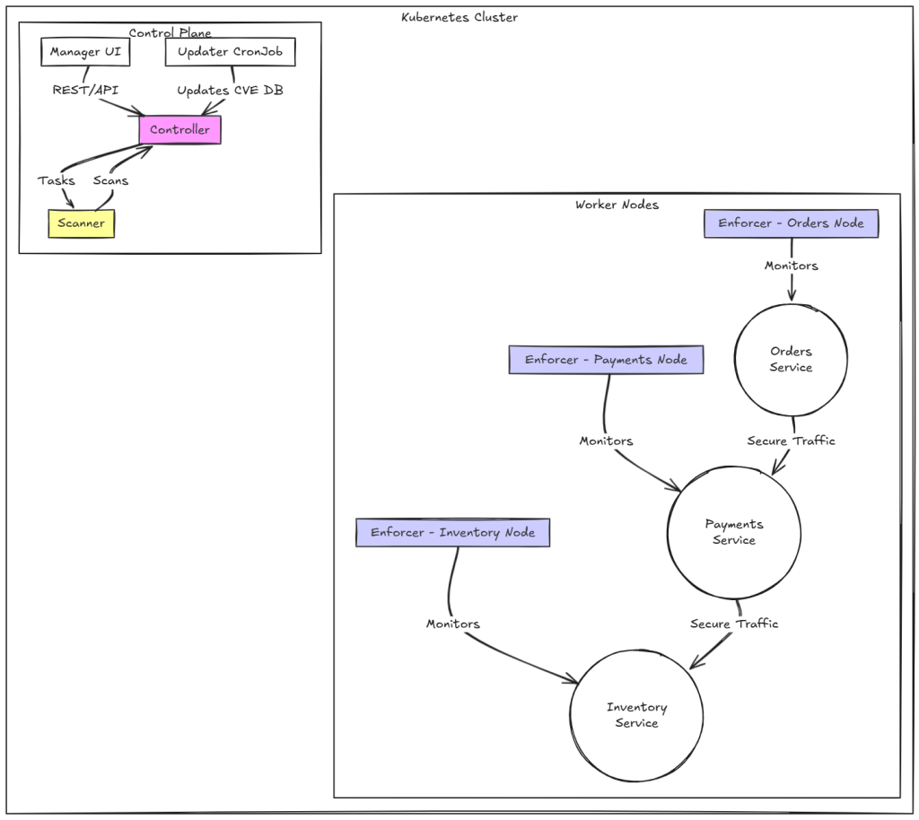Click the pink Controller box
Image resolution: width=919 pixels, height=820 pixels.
(179, 130)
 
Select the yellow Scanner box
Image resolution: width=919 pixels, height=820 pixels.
(81, 223)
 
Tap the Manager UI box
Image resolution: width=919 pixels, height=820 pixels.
(85, 52)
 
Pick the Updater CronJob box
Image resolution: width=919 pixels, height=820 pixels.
(230, 52)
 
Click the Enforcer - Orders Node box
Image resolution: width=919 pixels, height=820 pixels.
(791, 223)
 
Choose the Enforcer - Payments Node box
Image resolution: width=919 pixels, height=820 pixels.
(606, 360)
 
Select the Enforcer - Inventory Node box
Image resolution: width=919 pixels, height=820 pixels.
(452, 533)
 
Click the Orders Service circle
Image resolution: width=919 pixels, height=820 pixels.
(791, 359)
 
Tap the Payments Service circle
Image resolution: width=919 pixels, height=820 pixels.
(733, 532)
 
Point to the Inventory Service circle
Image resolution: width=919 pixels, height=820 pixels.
(636, 715)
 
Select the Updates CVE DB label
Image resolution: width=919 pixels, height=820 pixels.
(230, 91)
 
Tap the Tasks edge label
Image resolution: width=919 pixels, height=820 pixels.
(57, 180)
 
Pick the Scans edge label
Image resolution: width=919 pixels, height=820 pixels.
(110, 180)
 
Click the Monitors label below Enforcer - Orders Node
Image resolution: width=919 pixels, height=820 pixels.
(791, 266)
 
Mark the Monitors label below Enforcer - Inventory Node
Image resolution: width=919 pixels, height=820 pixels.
(452, 624)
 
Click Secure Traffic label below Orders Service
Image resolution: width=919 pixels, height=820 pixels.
(791, 441)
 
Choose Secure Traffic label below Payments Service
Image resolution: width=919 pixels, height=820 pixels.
(733, 624)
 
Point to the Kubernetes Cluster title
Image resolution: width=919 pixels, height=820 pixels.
(459, 17)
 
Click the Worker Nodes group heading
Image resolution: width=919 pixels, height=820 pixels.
(617, 205)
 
